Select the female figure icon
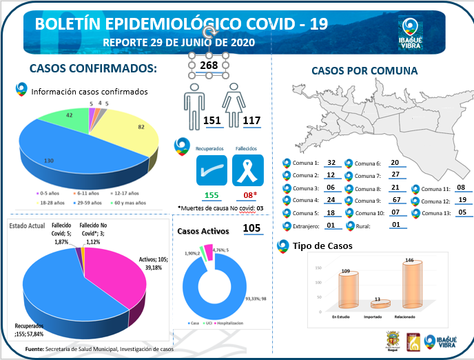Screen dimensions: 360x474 (x=234, y=107)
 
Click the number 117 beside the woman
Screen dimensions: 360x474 (x=251, y=121)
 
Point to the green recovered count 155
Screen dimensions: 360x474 (x=212, y=195)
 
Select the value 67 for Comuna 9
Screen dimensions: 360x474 (x=395, y=201)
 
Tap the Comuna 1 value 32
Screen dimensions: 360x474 (x=331, y=163)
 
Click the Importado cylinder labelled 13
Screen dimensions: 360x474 (x=376, y=304)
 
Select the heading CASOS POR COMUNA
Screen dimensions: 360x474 (x=364, y=71)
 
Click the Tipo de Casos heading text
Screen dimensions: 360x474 (x=322, y=246)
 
